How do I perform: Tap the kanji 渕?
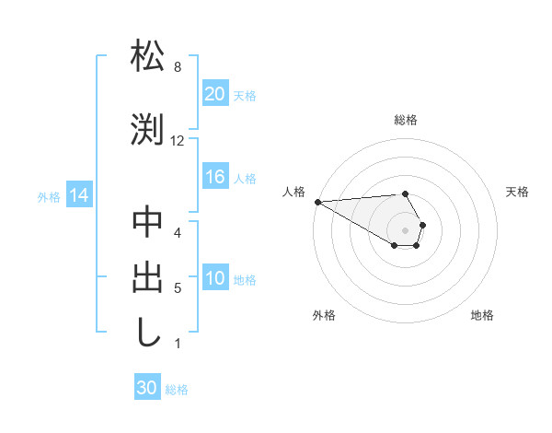click(x=147, y=128)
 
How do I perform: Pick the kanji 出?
click(x=147, y=276)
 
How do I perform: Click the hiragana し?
click(x=147, y=331)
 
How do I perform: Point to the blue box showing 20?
click(x=214, y=94)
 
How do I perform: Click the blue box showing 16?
click(x=214, y=178)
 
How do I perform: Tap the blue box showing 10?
click(x=214, y=279)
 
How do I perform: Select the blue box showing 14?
click(x=78, y=195)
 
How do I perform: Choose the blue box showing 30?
click(x=147, y=388)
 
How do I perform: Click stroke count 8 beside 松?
click(x=177, y=67)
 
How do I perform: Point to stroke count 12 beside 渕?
click(x=178, y=141)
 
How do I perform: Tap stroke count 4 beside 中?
click(x=177, y=233)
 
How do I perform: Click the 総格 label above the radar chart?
click(x=406, y=120)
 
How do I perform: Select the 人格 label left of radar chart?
click(x=293, y=192)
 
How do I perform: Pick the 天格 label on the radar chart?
click(x=518, y=192)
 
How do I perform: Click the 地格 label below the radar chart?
click(x=482, y=315)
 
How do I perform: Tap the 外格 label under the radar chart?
click(x=324, y=315)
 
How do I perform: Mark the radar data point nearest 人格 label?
click(x=317, y=202)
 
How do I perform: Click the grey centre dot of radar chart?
click(x=406, y=229)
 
